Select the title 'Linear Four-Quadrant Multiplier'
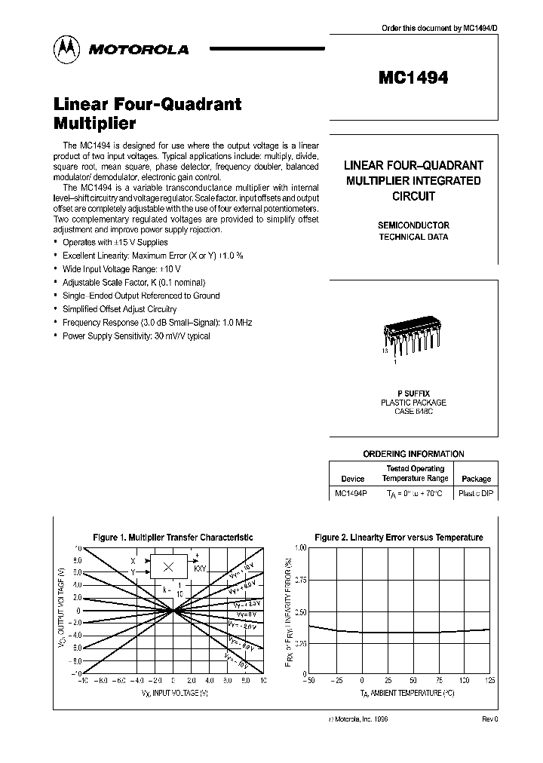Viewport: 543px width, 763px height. (x=147, y=112)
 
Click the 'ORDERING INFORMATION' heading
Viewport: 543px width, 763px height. (x=413, y=454)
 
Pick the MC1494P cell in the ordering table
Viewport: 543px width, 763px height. (x=352, y=494)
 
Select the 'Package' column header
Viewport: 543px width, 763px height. (x=476, y=479)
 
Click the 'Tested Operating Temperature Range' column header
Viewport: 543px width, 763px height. (x=415, y=473)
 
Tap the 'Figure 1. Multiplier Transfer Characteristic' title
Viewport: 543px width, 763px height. (x=173, y=538)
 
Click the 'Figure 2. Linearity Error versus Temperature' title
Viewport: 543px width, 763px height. (x=398, y=538)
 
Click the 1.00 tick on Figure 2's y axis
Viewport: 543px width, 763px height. (x=299, y=547)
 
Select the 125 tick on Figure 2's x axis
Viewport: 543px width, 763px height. (x=490, y=681)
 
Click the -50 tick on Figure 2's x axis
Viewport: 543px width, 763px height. (x=308, y=681)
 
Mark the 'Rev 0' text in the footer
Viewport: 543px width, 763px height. (x=489, y=719)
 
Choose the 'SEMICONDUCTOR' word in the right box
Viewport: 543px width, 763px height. (x=413, y=225)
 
